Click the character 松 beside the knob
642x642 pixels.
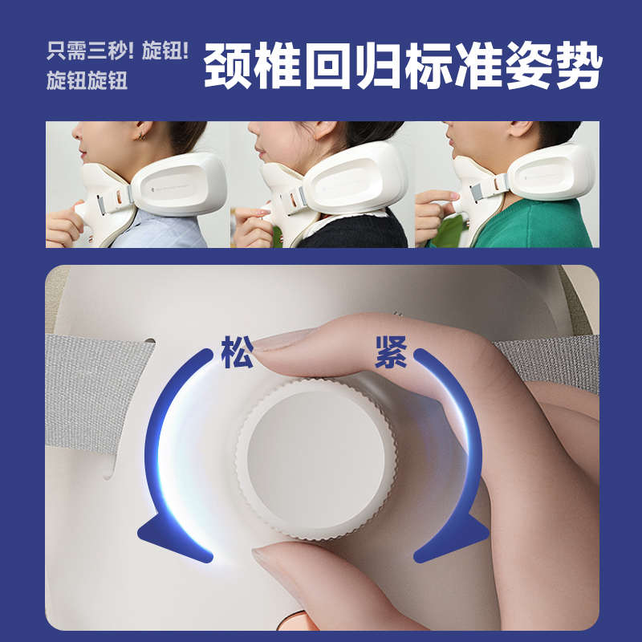click(x=237, y=354)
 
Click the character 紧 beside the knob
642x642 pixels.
click(x=391, y=354)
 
